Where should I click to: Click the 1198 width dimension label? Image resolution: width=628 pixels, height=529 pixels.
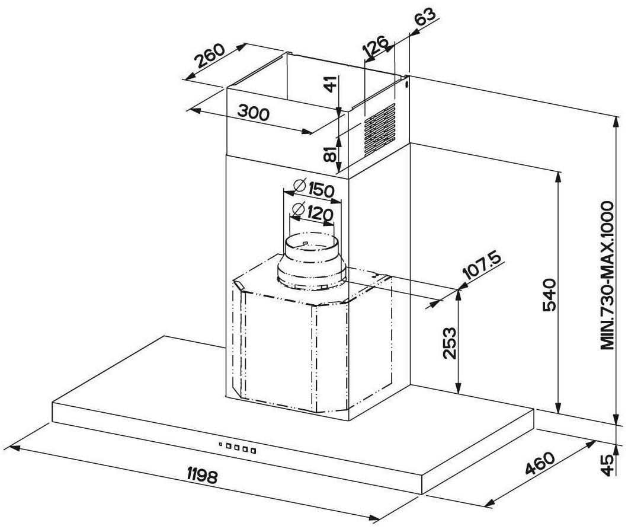click(202, 476)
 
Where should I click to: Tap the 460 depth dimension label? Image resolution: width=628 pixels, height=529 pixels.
click(540, 464)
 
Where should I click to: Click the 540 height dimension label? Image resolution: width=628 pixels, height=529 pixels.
click(550, 295)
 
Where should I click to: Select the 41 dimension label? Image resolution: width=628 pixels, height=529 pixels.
click(331, 84)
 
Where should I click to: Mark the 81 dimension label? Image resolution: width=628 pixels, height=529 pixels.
click(331, 154)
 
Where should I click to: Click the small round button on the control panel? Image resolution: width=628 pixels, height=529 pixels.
click(220, 444)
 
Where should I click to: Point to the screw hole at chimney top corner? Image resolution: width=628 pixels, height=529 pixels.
click(407, 84)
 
